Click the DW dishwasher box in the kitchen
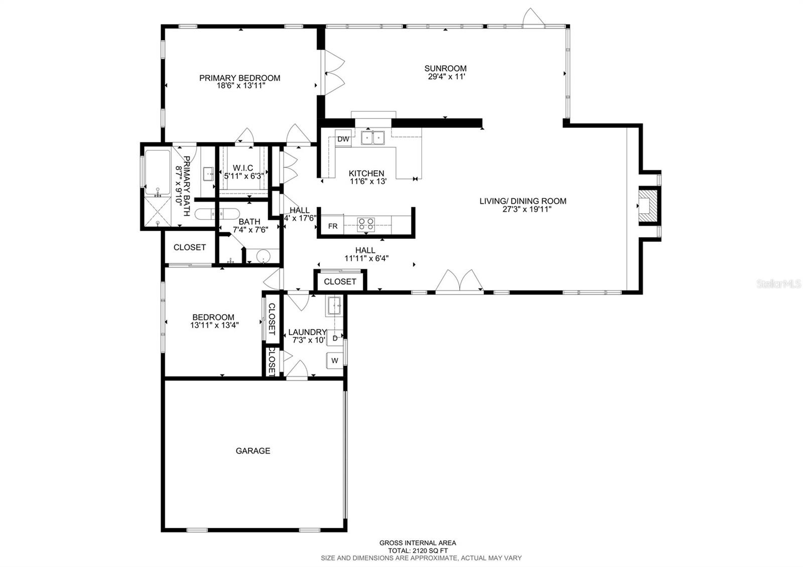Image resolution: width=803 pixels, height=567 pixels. (x=343, y=139)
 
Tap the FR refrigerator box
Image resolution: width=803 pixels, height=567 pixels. (x=333, y=226)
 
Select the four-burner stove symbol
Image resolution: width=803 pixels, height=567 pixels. (x=366, y=224)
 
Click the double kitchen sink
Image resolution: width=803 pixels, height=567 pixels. (x=372, y=137)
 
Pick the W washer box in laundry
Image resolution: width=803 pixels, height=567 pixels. (x=335, y=360)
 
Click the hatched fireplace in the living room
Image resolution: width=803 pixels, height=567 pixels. (x=648, y=204)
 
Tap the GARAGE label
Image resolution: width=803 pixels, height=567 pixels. (x=253, y=451)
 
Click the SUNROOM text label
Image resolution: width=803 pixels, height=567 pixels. (x=445, y=68)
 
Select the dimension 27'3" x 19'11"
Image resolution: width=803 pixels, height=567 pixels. (x=523, y=209)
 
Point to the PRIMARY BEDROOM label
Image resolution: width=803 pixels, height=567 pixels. (x=239, y=78)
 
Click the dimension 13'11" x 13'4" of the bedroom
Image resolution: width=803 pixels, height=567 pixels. (x=214, y=325)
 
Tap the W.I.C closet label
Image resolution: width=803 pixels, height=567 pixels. (x=243, y=168)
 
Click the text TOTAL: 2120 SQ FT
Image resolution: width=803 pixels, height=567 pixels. (x=418, y=550)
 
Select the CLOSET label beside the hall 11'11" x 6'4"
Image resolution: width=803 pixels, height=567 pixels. (x=340, y=281)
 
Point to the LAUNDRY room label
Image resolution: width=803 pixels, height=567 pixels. (x=307, y=332)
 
